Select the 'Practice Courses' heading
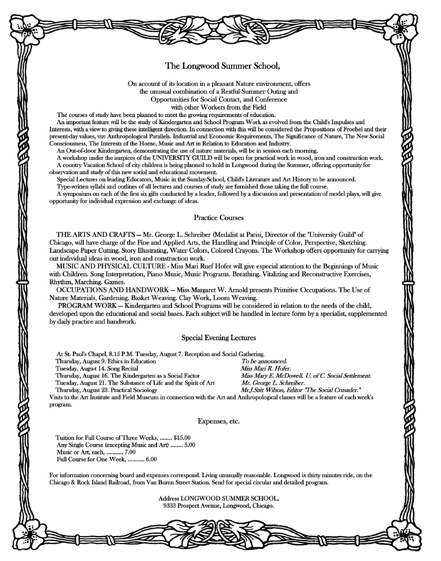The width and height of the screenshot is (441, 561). pyautogui.click(x=218, y=218)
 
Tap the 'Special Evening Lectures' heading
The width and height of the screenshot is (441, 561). pyautogui.click(x=218, y=338)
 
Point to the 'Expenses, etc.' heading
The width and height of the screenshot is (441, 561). pyautogui.click(x=218, y=421)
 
